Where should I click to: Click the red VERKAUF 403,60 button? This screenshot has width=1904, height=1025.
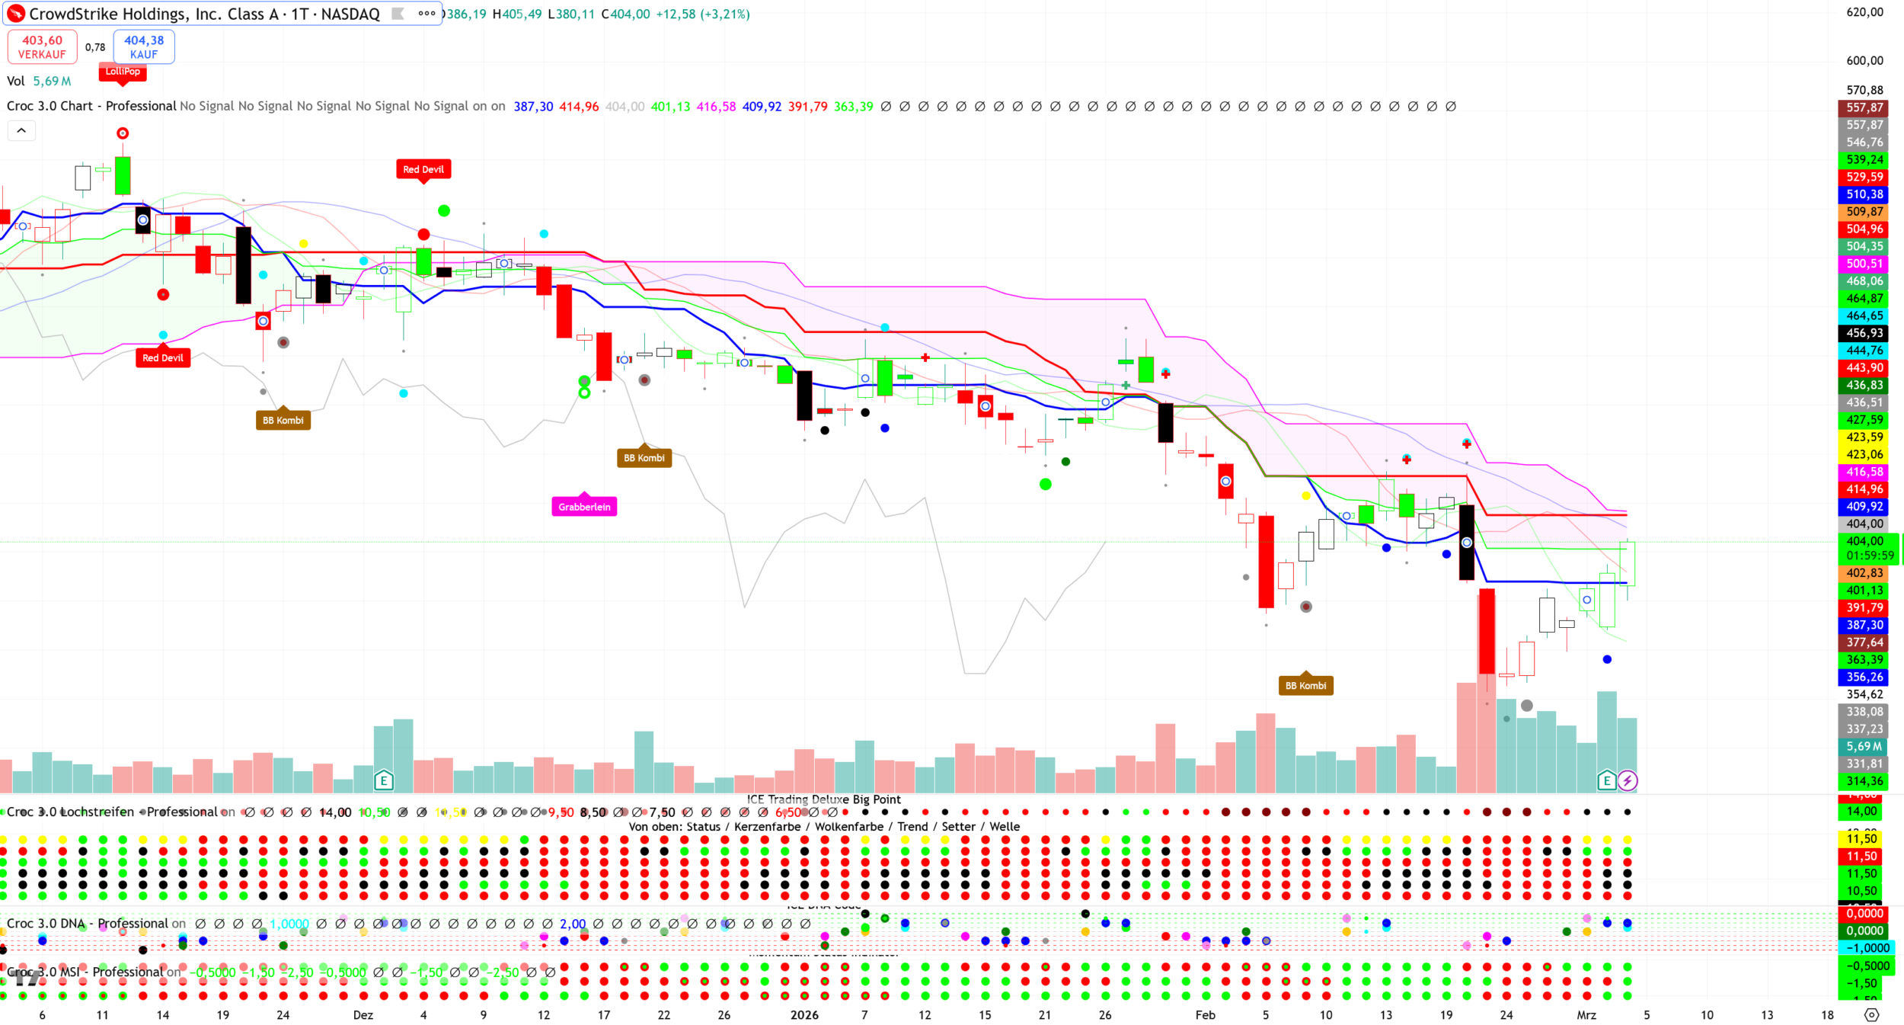(42, 46)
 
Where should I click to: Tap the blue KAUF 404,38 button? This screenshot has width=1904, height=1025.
(144, 46)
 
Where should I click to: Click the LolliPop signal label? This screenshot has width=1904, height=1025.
(123, 72)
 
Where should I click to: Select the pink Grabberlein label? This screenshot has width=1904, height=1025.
(584, 507)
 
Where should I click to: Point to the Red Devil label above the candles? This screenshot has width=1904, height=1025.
(423, 169)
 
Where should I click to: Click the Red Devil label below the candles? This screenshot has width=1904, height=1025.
(163, 358)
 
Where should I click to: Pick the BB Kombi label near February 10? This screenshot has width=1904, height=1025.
(1305, 686)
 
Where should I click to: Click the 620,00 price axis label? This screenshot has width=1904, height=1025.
(1864, 12)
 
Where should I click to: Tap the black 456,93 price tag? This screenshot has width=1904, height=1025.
(1864, 333)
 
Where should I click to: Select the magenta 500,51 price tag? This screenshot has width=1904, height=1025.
(1864, 264)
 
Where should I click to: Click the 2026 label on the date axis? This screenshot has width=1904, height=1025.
(804, 1015)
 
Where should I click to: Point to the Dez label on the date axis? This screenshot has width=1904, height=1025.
(363, 1015)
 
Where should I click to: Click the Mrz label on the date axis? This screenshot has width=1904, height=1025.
(1586, 1015)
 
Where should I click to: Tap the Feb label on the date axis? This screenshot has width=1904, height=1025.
(1205, 1015)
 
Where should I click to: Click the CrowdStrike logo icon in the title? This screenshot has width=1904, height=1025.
(16, 14)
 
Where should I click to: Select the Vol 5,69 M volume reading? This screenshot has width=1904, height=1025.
(39, 81)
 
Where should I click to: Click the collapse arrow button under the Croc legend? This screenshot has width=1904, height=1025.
(21, 131)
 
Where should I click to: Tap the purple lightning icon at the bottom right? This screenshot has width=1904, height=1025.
(1628, 780)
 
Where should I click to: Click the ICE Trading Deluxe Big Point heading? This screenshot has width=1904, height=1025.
(823, 799)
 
